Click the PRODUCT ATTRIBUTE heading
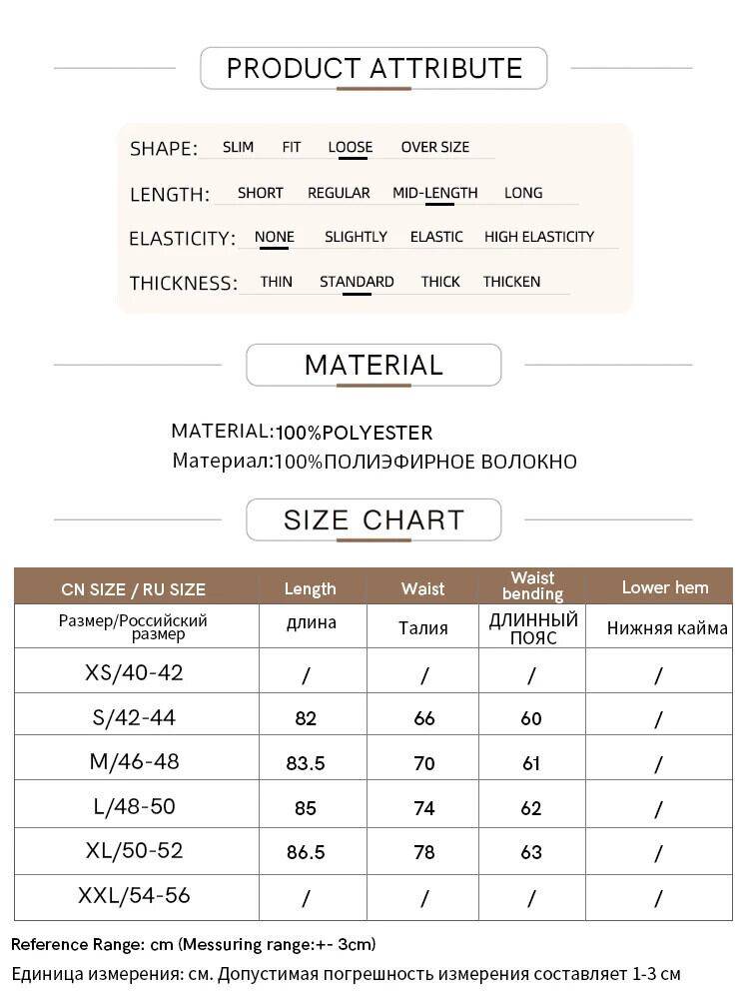click(374, 68)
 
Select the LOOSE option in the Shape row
click(350, 147)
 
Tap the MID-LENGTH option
click(434, 193)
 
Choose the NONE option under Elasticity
click(274, 237)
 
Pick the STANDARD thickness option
click(357, 282)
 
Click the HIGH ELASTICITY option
click(539, 237)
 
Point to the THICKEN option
click(511, 282)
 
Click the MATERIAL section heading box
click(374, 365)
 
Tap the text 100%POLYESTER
click(355, 433)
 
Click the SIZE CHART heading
click(374, 519)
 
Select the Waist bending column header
click(532, 585)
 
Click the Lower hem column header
click(664, 587)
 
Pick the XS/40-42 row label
click(135, 672)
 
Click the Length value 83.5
click(306, 763)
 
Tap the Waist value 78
click(424, 852)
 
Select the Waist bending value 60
click(531, 718)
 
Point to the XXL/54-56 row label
click(135, 896)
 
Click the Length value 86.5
click(306, 852)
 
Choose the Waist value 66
click(424, 718)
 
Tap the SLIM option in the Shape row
click(238, 147)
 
